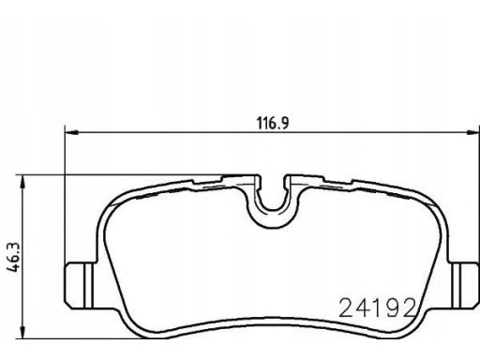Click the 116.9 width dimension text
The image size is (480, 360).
(273, 123)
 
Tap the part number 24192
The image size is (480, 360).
(378, 307)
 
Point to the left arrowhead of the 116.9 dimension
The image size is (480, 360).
(71, 133)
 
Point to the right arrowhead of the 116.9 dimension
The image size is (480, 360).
(472, 133)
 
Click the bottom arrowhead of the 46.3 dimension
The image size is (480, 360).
(22, 332)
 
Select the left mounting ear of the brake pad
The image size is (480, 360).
(81, 286)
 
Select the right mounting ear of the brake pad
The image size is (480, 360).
(464, 286)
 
